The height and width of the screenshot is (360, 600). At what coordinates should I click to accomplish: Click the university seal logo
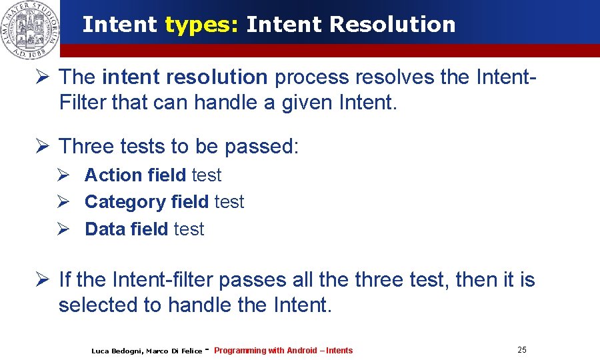coord(29,30)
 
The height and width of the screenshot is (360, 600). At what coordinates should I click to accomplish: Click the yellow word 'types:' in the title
coord(202,25)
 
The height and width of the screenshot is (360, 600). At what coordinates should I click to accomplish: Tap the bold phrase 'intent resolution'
coord(185,77)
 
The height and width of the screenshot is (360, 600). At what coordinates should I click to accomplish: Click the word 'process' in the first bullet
coord(311,77)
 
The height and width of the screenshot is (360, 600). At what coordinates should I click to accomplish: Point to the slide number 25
coord(521,350)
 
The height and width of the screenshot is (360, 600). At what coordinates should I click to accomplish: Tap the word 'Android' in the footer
coord(302,351)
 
